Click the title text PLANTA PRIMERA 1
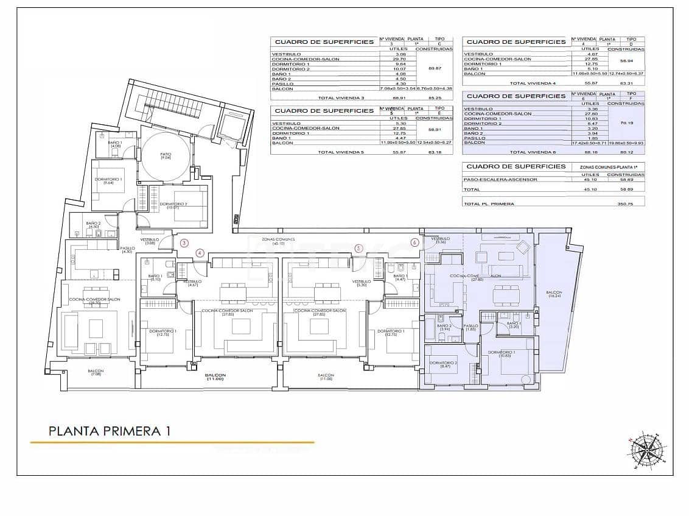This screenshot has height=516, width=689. click(109, 431)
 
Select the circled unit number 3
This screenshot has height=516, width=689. click(184, 243)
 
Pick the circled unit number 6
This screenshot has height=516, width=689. click(414, 242)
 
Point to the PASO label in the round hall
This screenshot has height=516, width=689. click(166, 156)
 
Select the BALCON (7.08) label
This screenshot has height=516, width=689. click(96, 373)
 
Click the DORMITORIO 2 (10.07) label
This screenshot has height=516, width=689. click(174, 205)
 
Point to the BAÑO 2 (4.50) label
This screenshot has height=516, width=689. click(93, 225)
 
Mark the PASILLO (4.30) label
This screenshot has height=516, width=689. click(127, 250)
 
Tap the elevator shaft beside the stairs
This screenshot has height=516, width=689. click(231, 125)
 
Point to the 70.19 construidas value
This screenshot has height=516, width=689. click(627, 123)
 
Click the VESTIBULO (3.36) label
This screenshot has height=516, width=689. click(440, 240)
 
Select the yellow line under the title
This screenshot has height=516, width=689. click(172, 442)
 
